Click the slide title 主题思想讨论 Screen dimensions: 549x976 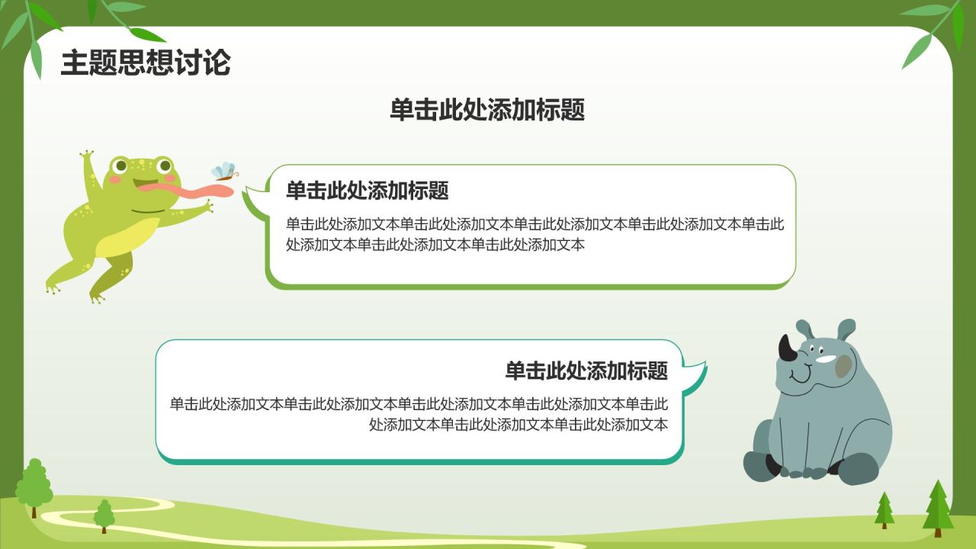pos(145,63)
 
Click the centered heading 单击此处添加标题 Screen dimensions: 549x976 pos(487,111)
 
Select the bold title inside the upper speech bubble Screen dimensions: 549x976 pos(367,191)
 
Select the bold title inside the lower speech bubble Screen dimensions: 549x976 pos(586,371)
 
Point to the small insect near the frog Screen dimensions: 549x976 pos(224,172)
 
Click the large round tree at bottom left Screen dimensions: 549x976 pos(34,485)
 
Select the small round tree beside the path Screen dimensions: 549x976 pos(104,515)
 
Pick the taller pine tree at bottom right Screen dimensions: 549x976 pos(938,506)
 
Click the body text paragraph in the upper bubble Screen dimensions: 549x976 pos(535,235)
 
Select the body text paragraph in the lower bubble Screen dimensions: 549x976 pos(419,414)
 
